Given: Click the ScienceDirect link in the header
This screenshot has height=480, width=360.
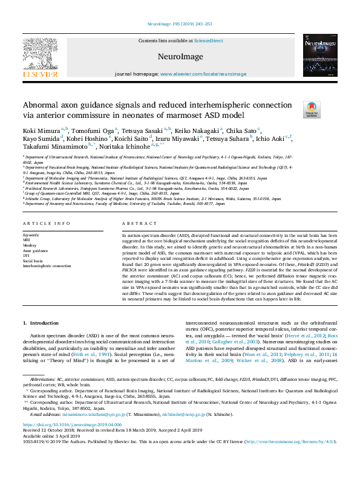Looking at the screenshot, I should coord(208,41).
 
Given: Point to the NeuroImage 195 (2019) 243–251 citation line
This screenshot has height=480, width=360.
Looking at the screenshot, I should coord(180,25).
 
